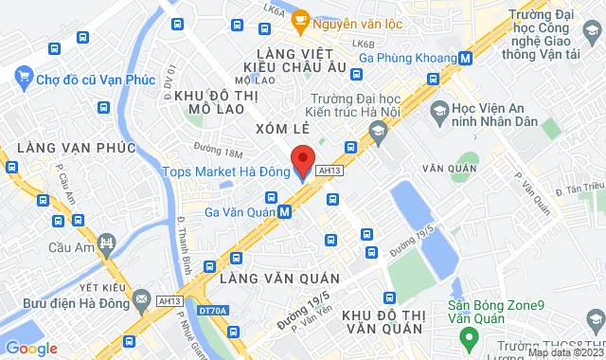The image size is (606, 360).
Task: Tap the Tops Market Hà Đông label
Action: pyautogui.click(x=224, y=171)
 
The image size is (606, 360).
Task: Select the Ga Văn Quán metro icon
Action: pyautogui.click(x=285, y=212)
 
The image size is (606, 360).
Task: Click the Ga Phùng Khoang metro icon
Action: pyautogui.click(x=465, y=57)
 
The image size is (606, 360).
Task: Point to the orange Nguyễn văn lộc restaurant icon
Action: pyautogui.click(x=300, y=17)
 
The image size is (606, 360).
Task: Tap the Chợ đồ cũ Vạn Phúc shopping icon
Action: pyautogui.click(x=24, y=80)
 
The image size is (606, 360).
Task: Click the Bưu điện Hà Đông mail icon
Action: pyautogui.click(x=142, y=300)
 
